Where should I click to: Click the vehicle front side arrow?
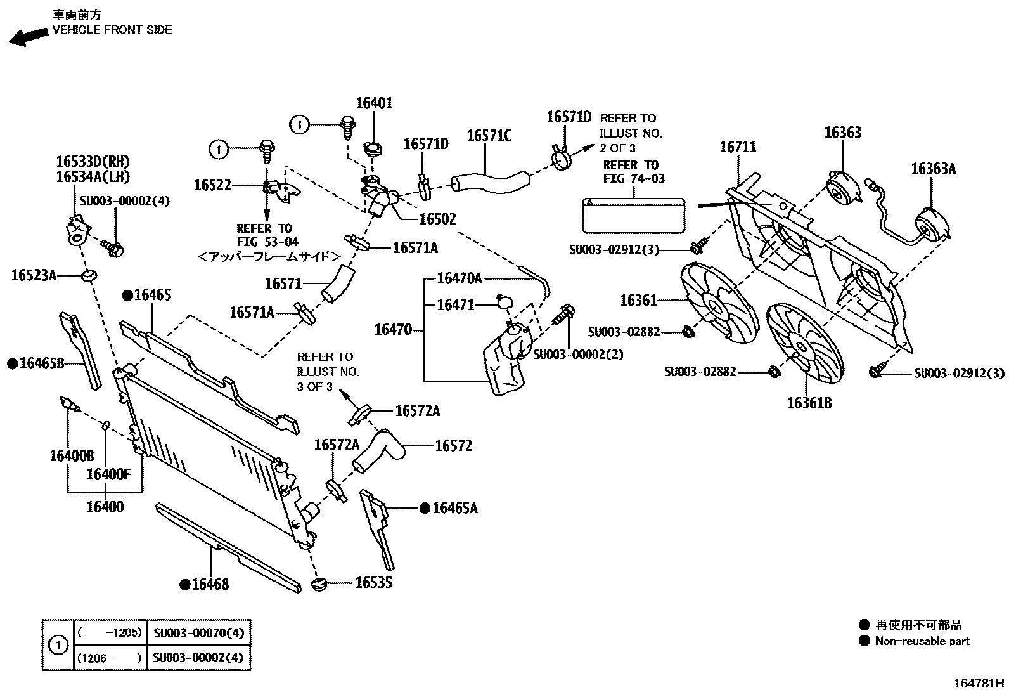[29, 37]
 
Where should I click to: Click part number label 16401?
[374, 103]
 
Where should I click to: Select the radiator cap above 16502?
[372, 150]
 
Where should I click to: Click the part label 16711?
[738, 147]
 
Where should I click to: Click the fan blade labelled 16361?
[719, 304]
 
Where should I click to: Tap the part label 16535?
[373, 582]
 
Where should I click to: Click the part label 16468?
[210, 584]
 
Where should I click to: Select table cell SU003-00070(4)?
[198, 632]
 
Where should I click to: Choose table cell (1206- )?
[108, 658]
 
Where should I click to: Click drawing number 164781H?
[980, 684]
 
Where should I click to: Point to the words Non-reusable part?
[922, 641]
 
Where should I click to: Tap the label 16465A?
[454, 508]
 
